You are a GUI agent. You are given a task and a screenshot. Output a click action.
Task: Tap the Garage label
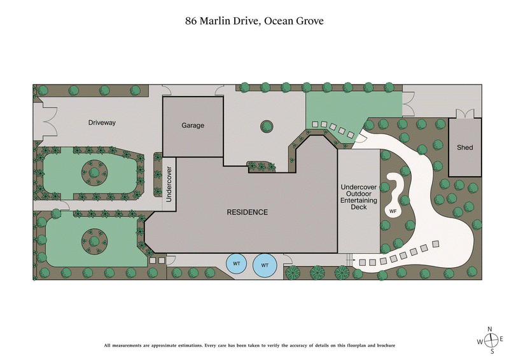tap(193, 125)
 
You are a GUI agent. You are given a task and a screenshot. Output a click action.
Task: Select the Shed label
tap(465, 148)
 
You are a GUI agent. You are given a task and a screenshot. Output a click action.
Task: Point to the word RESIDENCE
tap(247, 212)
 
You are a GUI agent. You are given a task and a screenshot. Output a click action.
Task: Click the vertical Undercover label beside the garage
tap(169, 184)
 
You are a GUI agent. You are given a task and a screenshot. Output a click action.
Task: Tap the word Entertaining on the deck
tap(359, 200)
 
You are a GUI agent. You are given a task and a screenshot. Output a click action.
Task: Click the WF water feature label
tap(393, 211)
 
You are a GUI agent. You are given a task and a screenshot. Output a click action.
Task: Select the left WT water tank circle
tap(237, 264)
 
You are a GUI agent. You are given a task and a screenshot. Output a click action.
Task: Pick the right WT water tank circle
tap(265, 264)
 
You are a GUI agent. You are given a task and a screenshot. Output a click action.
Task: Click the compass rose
tap(491, 340)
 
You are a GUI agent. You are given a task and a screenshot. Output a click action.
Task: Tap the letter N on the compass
tap(490, 329)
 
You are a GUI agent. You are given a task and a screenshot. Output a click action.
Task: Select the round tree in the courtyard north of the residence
tap(266, 126)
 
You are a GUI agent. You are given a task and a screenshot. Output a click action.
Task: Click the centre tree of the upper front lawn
tap(94, 172)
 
